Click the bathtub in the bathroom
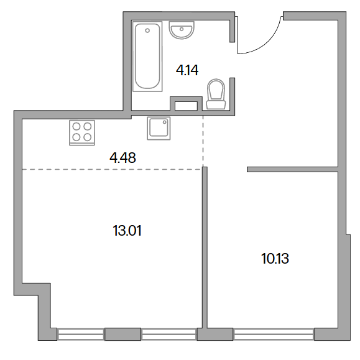point(147,57)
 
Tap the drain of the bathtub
point(147,30)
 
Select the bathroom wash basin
point(182,30)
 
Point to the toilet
point(216,94)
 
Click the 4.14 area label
point(187,70)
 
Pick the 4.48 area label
point(122,158)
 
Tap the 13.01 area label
point(127,231)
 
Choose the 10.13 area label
point(275,259)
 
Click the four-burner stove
point(82,132)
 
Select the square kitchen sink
point(159,128)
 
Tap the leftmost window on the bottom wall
point(81,334)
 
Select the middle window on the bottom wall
point(168,334)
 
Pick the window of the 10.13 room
point(274,334)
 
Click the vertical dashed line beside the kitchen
point(203,141)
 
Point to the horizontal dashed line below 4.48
point(112,170)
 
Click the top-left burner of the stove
point(76,126)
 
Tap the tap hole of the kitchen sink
point(165,122)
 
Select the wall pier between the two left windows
point(122,334)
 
